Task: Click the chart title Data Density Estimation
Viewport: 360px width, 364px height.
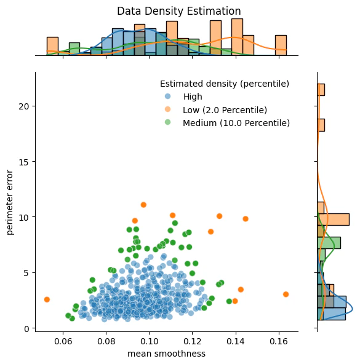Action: pos(179,11)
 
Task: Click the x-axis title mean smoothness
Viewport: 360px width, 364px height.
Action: pos(166,354)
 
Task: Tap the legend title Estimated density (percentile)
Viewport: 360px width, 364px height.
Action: pos(225,83)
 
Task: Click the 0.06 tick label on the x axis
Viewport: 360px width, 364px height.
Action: pos(63,341)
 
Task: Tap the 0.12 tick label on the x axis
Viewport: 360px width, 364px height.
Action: pos(193,341)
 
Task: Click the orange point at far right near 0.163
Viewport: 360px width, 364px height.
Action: pos(286,295)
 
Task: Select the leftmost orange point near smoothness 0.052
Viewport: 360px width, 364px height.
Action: pos(47,299)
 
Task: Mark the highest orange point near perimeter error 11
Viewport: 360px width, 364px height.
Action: pos(143,205)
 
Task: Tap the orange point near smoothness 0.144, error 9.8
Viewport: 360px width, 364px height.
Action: pos(246,219)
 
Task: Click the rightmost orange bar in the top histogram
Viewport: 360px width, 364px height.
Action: pos(281,45)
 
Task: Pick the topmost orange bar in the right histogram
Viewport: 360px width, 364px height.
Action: pos(321,90)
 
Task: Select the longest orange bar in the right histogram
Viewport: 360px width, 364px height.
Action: pos(333,220)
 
